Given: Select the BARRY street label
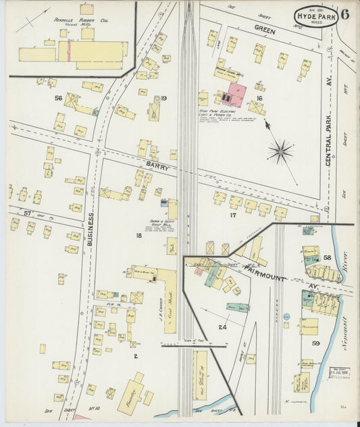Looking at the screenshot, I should [141, 164].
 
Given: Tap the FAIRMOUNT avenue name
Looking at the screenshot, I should [269, 277].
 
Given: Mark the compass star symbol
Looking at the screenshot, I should [280, 151].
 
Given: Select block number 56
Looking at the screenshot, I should [58, 99].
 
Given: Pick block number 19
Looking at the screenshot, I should [163, 99].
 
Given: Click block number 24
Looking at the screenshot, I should [222, 327].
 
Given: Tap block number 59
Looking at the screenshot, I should [315, 343].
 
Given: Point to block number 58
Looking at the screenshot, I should [327, 257].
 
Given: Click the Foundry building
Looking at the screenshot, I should [130, 393].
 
